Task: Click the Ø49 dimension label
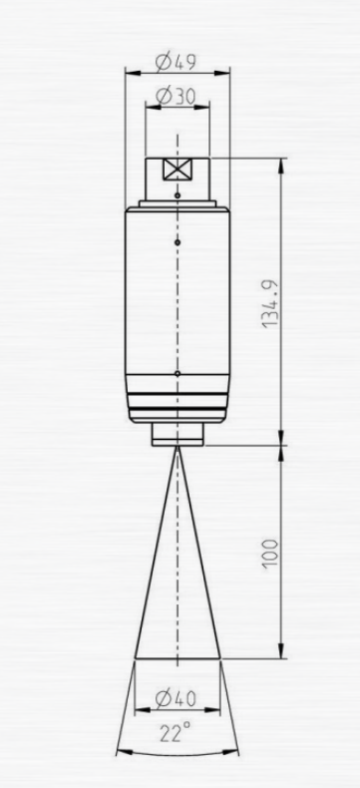click(x=176, y=62)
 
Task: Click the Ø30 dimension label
click(x=176, y=96)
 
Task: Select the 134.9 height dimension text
click(x=270, y=302)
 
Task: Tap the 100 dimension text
click(x=270, y=554)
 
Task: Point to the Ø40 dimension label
click(x=176, y=698)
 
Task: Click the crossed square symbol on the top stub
click(x=178, y=170)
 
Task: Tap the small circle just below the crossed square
click(x=178, y=195)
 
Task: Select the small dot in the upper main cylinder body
click(x=178, y=242)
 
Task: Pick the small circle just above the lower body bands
click(x=178, y=373)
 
